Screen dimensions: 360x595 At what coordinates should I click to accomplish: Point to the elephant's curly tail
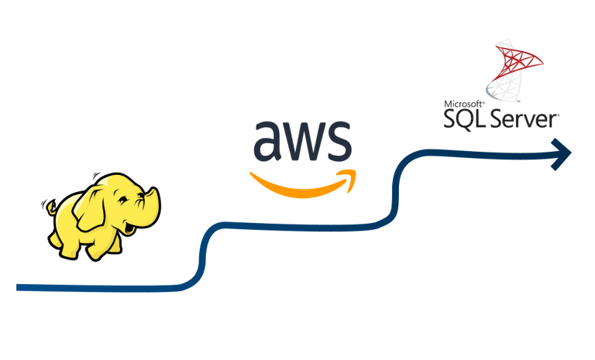[x=48, y=207]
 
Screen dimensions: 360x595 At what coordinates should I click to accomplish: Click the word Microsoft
[x=464, y=102]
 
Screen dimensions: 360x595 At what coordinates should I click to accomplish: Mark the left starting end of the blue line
[x=19, y=288]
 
